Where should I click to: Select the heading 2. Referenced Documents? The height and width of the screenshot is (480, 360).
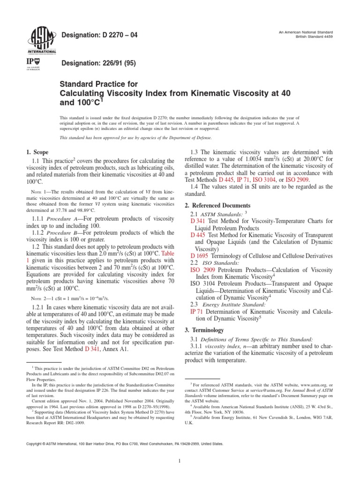click(x=218, y=206)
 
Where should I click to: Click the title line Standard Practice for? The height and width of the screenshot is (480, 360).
click(x=98, y=84)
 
